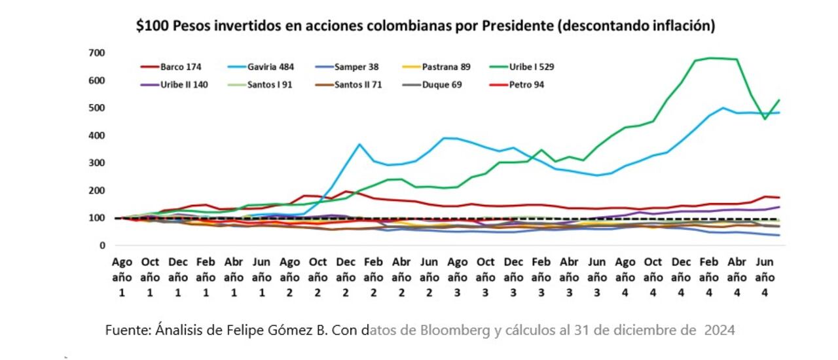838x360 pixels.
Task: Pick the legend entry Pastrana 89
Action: (x=446, y=67)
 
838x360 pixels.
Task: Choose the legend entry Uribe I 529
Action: (x=532, y=67)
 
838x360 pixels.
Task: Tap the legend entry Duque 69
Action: (x=441, y=84)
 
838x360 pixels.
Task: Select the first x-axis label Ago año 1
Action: (x=122, y=276)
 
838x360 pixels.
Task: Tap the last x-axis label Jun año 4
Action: (x=765, y=276)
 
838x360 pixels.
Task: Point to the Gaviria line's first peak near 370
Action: (x=359, y=144)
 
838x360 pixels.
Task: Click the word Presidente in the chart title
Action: (x=516, y=26)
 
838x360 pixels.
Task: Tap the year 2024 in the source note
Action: (x=719, y=331)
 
